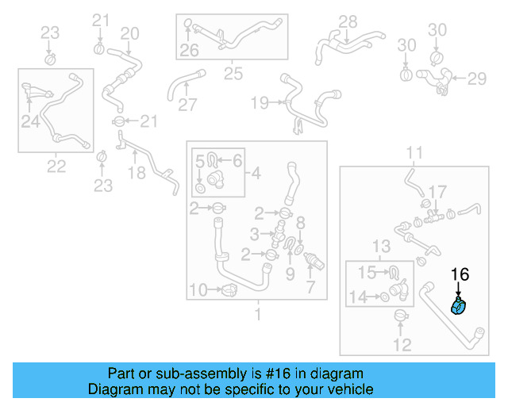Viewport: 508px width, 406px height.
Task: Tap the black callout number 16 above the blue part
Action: pyautogui.click(x=460, y=274)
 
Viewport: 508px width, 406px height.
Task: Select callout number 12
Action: pyautogui.click(x=402, y=345)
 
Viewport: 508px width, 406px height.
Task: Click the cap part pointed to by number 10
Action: pyautogui.click(x=229, y=290)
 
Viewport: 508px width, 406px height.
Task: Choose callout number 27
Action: pyautogui.click(x=187, y=105)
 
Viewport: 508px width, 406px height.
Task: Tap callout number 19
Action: pyautogui.click(x=260, y=102)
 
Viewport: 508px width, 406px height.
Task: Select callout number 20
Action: pyautogui.click(x=129, y=33)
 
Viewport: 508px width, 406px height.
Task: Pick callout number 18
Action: pyautogui.click(x=137, y=173)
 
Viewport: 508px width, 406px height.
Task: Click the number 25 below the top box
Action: pyautogui.click(x=233, y=74)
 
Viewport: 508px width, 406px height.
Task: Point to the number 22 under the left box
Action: pyautogui.click(x=56, y=166)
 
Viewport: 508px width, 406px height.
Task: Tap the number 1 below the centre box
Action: pyautogui.click(x=256, y=315)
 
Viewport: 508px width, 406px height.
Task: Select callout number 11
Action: pyautogui.click(x=415, y=151)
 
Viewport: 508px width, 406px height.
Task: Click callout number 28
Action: pyautogui.click(x=348, y=21)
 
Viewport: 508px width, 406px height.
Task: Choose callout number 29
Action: pyautogui.click(x=476, y=79)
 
